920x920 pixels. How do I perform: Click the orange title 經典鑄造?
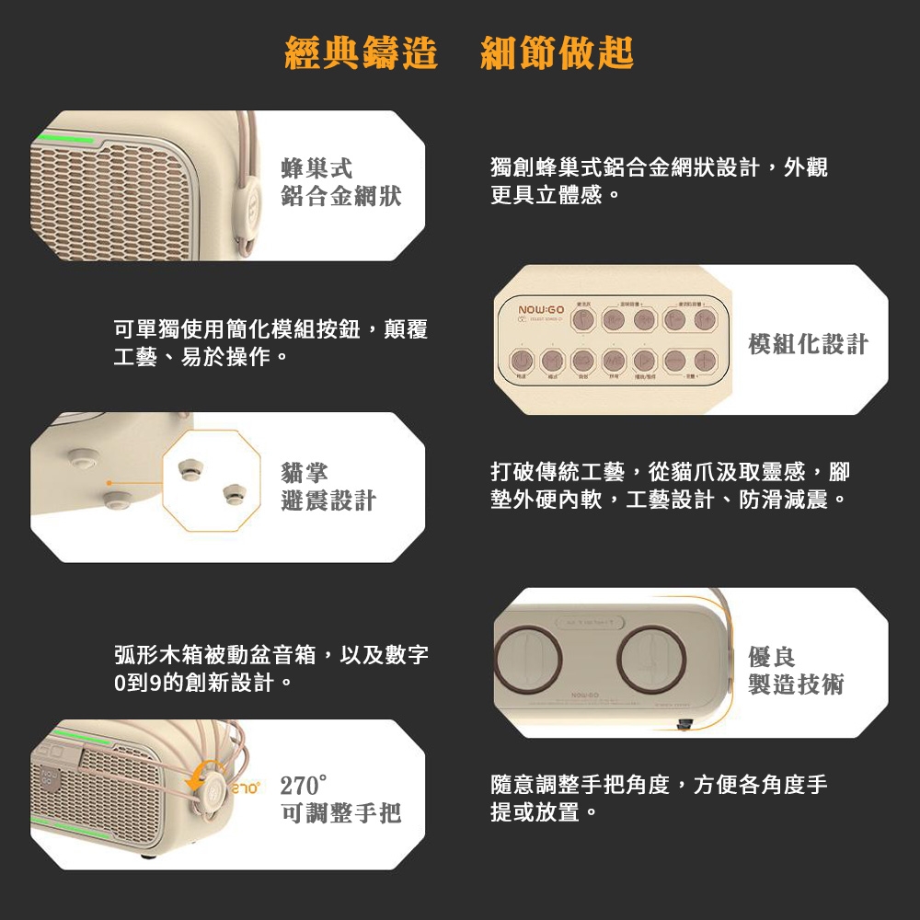coord(362,52)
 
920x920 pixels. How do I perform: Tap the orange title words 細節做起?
coord(558,52)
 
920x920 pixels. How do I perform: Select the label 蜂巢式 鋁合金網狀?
coord(341,181)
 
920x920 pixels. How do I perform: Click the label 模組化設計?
coord(808,344)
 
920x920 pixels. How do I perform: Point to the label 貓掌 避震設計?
coord(328,487)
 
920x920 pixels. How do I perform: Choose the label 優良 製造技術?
coord(796,671)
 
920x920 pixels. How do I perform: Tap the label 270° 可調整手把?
coord(340,799)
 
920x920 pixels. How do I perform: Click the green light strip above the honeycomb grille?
coord(64,140)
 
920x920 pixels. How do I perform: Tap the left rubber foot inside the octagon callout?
coord(190,468)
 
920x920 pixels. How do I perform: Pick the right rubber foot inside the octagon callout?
coord(233,495)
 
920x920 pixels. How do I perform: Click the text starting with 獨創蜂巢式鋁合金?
coord(659,180)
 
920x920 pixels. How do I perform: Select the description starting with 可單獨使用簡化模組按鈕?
coord(270,342)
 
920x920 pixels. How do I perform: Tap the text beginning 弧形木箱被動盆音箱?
coord(270,669)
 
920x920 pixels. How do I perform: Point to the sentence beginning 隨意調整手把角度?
coord(659,799)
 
